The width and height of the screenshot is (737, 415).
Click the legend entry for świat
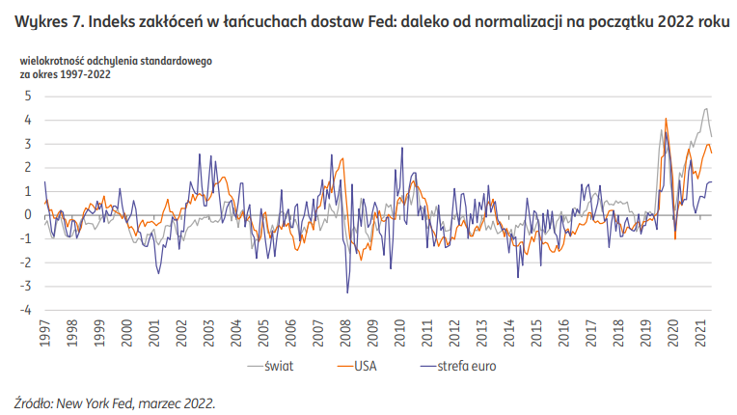point(281,366)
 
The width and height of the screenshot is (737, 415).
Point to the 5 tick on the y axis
point(29,96)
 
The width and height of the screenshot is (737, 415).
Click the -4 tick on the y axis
point(27,310)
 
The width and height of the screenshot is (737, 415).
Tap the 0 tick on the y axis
point(29,214)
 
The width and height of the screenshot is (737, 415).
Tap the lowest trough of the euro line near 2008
point(347,292)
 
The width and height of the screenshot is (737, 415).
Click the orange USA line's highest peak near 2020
point(667,119)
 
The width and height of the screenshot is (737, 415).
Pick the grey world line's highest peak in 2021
point(705,108)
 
